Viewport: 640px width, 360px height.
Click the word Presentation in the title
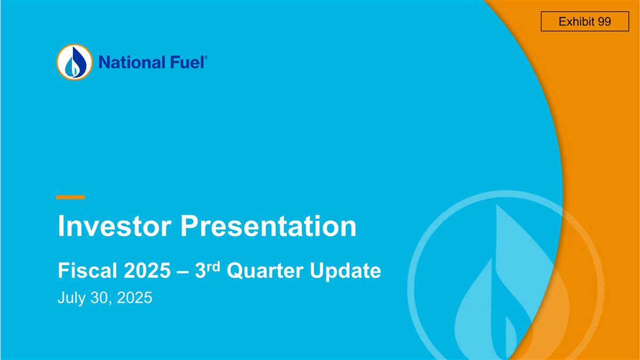(x=268, y=227)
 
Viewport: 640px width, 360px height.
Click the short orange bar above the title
(x=70, y=197)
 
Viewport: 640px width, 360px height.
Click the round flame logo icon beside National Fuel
(x=74, y=62)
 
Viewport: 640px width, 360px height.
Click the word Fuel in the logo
(x=186, y=62)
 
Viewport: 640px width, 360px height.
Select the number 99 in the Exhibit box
(x=604, y=22)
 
